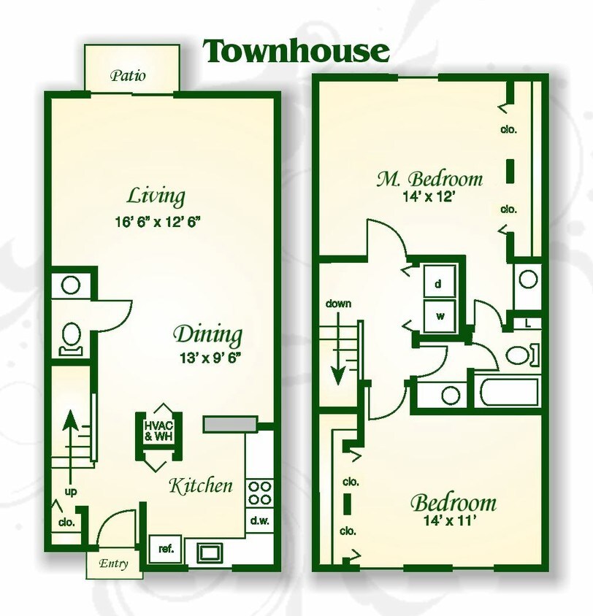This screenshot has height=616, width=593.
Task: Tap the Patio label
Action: tap(128, 75)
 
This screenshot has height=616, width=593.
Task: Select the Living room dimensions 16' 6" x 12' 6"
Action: tap(156, 222)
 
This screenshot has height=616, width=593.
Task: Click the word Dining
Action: tap(207, 335)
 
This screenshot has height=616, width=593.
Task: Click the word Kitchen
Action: tap(201, 485)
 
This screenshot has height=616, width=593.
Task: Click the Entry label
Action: tap(114, 563)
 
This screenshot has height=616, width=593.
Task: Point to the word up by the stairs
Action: tap(71, 491)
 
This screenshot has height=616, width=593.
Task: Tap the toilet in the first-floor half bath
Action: tap(71, 338)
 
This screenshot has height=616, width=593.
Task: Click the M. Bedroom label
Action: tap(429, 178)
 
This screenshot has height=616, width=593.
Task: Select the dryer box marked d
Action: tap(439, 283)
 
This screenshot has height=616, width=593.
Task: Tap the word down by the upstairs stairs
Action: tap(338, 303)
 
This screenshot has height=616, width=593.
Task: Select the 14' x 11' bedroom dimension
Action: tap(453, 522)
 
